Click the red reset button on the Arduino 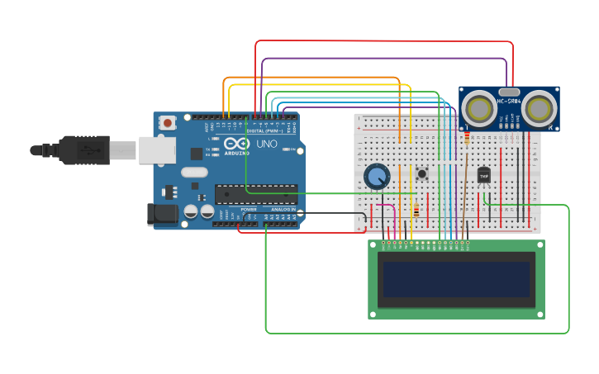[169, 123]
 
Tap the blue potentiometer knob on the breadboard [377, 176]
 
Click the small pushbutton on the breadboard [422, 173]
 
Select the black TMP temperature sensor [483, 176]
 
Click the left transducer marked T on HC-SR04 [478, 107]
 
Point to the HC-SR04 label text [508, 102]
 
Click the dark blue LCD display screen [455, 279]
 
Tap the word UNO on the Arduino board [266, 144]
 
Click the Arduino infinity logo [237, 144]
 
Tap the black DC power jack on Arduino [162, 215]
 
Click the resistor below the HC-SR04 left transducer [467, 137]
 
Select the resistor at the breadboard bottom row [416, 211]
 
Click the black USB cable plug [83, 149]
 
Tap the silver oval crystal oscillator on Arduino [194, 173]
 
